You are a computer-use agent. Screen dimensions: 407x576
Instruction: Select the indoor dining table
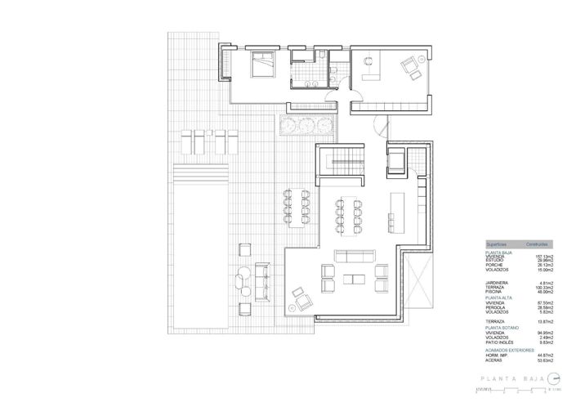click(349, 213)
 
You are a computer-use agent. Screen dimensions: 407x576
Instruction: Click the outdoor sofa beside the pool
click(263, 281)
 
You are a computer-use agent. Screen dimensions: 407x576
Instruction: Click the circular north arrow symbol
click(551, 378)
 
